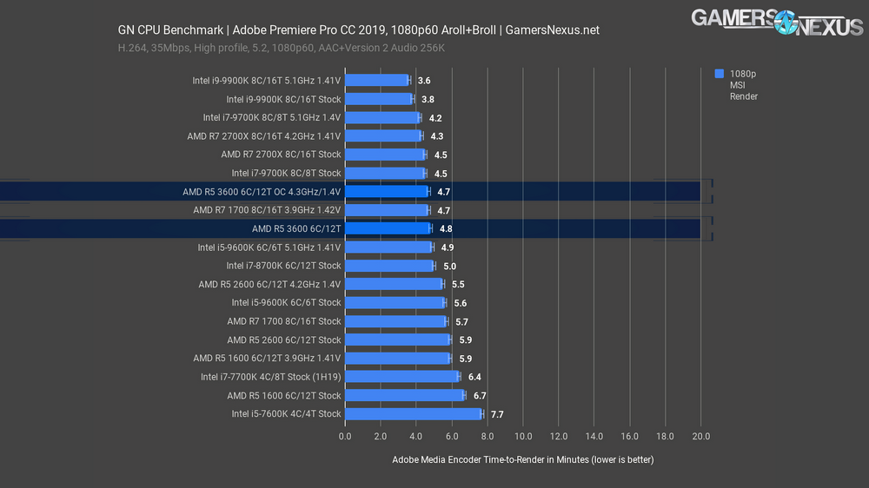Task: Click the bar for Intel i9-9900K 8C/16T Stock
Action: pyautogui.click(x=379, y=99)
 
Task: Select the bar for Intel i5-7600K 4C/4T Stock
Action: pyautogui.click(x=414, y=414)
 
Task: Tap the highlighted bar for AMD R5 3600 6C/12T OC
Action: pyautogui.click(x=387, y=191)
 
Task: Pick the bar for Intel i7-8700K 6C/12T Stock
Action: pyautogui.click(x=389, y=266)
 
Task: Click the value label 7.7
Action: pyautogui.click(x=497, y=414)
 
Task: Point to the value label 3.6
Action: pyautogui.click(x=424, y=81)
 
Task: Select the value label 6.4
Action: pyautogui.click(x=474, y=377)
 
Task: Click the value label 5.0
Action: pyautogui.click(x=449, y=266)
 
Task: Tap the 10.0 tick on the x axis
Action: pyautogui.click(x=523, y=436)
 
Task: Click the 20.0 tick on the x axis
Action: pyautogui.click(x=700, y=436)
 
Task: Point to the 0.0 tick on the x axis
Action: pyautogui.click(x=345, y=436)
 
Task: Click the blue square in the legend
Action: pyautogui.click(x=719, y=74)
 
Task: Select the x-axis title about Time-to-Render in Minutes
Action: pyautogui.click(x=522, y=459)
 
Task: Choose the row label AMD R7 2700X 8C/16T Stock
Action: pyautogui.click(x=281, y=155)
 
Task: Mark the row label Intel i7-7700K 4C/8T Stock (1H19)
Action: pyautogui.click(x=270, y=377)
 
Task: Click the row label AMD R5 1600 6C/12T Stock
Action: pyautogui.click(x=284, y=396)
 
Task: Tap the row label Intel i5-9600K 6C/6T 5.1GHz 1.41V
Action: pyautogui.click(x=269, y=247)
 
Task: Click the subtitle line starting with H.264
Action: pyautogui.click(x=282, y=48)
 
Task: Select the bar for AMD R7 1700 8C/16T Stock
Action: pyautogui.click(x=396, y=321)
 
